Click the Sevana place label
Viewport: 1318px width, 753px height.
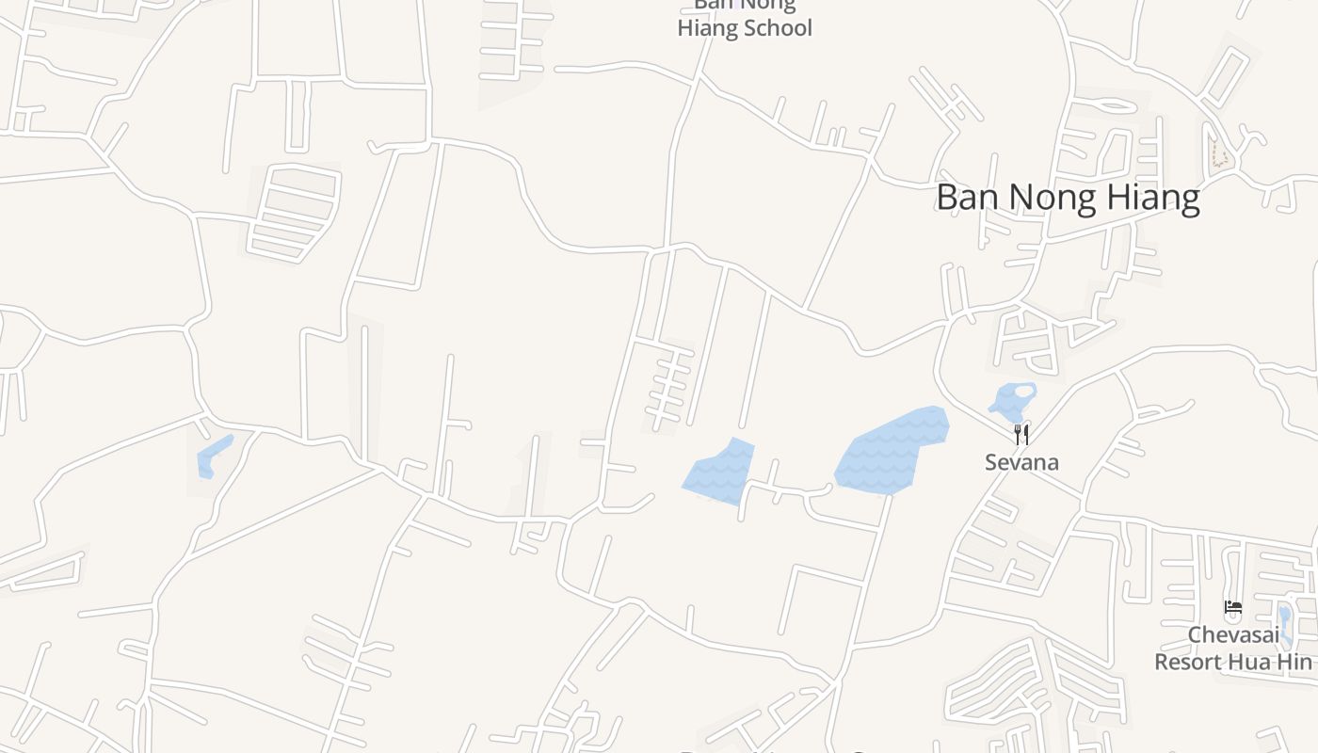tap(1021, 462)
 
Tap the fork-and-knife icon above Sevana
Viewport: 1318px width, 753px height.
tap(1021, 434)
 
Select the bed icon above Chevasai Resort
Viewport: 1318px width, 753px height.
tap(1232, 607)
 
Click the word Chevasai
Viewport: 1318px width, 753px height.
tap(1232, 634)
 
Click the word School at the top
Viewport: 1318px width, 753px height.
tap(776, 28)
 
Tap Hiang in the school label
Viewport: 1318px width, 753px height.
tap(706, 28)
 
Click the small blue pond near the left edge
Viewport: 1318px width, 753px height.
tap(214, 457)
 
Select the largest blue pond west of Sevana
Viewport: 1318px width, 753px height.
tap(890, 452)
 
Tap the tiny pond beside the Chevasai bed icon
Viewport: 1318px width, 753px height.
tap(1285, 621)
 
